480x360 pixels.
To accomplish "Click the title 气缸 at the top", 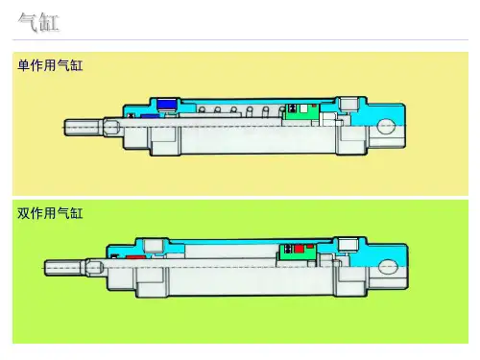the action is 38,22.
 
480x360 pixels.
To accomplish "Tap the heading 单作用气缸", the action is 50,65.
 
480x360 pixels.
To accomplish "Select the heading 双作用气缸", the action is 50,213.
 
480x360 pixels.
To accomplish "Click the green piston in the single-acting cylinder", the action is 301,112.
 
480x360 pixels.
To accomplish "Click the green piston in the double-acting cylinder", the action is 299,252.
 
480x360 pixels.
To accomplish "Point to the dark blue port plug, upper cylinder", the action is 166,105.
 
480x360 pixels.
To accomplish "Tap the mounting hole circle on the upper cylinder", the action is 387,126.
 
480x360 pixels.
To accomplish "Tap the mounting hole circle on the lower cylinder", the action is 388,266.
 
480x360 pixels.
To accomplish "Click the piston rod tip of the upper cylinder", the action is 65,128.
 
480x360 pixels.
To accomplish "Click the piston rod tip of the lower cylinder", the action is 46,268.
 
